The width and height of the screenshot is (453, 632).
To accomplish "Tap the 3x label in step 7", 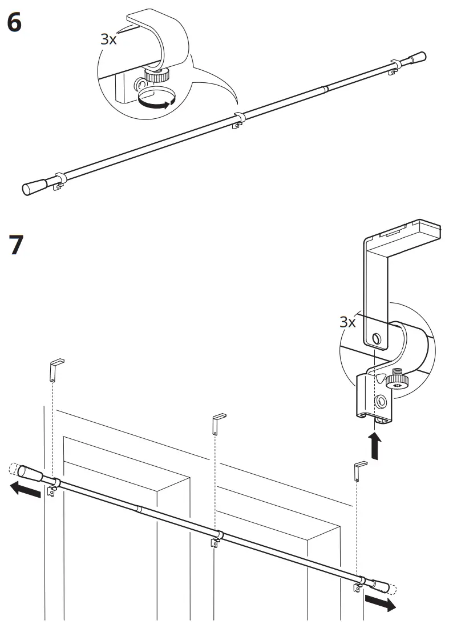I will tap(348, 322).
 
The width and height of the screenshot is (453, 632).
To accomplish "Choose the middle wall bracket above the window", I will tap(217, 423).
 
